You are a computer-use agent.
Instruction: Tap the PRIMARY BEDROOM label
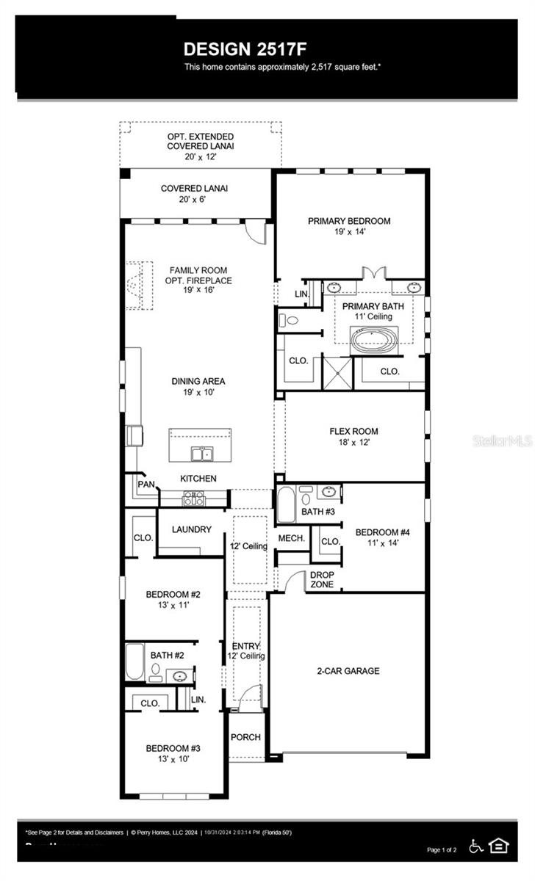[349, 221]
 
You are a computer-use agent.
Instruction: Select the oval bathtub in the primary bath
[372, 339]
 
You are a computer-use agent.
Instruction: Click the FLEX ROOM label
[353, 432]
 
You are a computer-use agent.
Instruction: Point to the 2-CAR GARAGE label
[348, 671]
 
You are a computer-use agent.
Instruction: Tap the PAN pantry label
[146, 485]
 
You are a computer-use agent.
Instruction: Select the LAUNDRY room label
[191, 529]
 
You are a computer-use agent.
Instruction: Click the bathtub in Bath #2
[134, 661]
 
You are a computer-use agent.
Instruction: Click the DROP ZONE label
[322, 580]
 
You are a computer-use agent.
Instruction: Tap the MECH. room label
[291, 539]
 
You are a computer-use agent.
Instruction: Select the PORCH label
[245, 737]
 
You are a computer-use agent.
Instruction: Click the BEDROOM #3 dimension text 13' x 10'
[173, 759]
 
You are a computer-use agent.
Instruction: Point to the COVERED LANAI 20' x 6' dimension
[194, 200]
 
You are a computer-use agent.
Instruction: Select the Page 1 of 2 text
[442, 850]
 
